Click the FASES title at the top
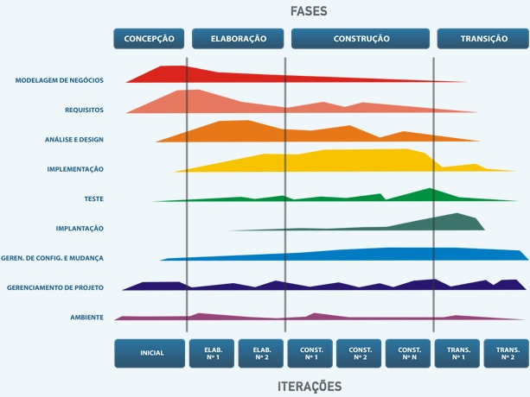(x=309, y=12)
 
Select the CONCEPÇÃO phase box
(x=150, y=39)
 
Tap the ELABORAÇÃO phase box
(x=238, y=39)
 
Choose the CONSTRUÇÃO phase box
(x=361, y=39)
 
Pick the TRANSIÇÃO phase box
(x=483, y=39)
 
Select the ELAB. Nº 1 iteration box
(x=212, y=353)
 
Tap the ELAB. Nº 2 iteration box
(x=261, y=353)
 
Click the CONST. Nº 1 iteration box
(x=310, y=353)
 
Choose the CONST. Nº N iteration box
(x=409, y=353)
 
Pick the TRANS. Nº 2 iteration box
(x=507, y=353)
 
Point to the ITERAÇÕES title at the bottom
(x=309, y=386)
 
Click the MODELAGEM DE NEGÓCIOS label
(x=59, y=80)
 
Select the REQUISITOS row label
(x=84, y=110)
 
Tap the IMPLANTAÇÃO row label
(x=79, y=229)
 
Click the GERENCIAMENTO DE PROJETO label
(x=55, y=287)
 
